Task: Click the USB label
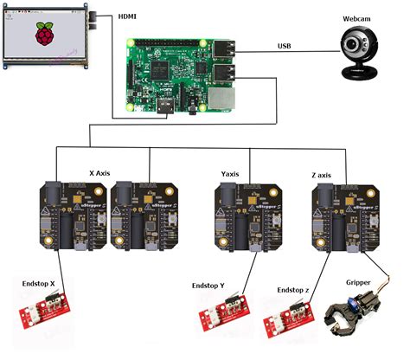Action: coord(285,46)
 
